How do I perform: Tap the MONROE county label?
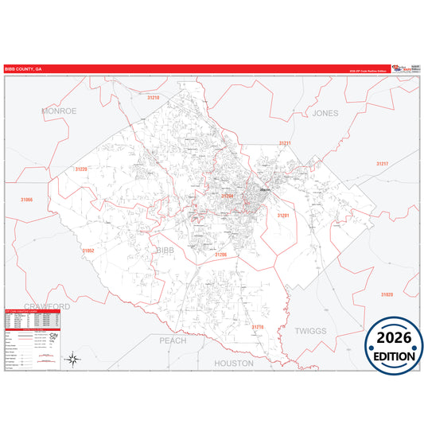pyautogui.click(x=59, y=111)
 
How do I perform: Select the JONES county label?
pyautogui.click(x=325, y=113)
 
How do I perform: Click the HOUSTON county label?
pyautogui.click(x=234, y=363)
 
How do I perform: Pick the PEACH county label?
pyautogui.click(x=173, y=340)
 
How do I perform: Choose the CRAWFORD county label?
pyautogui.click(x=47, y=306)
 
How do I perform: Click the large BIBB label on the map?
pyautogui.click(x=164, y=250)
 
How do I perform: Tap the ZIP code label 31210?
pyautogui.click(x=154, y=97)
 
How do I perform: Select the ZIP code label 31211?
pyautogui.click(x=285, y=143)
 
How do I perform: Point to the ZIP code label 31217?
pyautogui.click(x=383, y=163)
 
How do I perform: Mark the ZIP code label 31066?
pyautogui.click(x=27, y=200)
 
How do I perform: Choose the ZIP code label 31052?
pyautogui.click(x=88, y=251)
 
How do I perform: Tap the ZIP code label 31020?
pyautogui.click(x=387, y=294)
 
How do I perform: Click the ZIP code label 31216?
pyautogui.click(x=257, y=326)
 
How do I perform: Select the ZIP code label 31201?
pyautogui.click(x=283, y=216)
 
